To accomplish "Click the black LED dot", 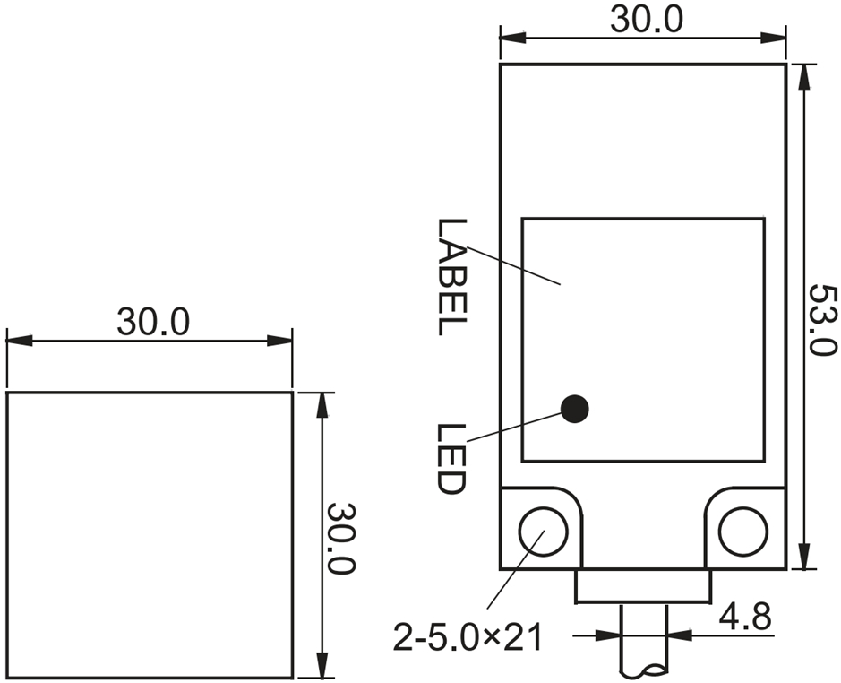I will (x=574, y=409).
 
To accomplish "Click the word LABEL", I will (x=452, y=277).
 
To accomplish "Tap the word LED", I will (x=452, y=459).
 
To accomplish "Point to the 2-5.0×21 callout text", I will (x=468, y=637).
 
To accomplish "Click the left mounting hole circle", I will (x=543, y=530).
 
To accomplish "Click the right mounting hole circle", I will (x=742, y=530).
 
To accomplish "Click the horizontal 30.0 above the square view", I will (x=152, y=322).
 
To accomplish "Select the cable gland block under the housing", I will (x=642, y=587).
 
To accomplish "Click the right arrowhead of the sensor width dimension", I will (x=775, y=38).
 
